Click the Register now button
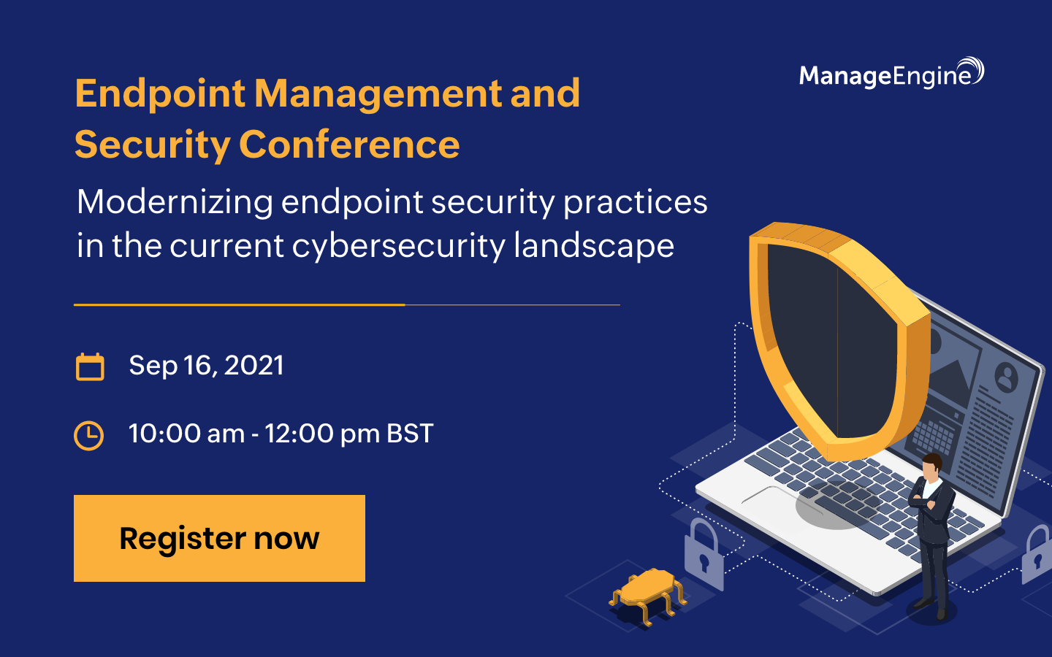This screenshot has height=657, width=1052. point(219,538)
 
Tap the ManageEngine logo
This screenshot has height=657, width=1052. point(891,74)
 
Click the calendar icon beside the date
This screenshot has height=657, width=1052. point(90,366)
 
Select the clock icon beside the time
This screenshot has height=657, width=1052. point(89,435)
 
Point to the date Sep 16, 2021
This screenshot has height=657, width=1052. point(206,365)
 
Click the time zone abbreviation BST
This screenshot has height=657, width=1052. point(410,434)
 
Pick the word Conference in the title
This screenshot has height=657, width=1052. point(349,145)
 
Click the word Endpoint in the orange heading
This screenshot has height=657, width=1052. point(160,93)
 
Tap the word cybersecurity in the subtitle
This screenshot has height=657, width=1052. point(398,245)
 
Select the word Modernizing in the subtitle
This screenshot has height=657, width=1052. point(175,201)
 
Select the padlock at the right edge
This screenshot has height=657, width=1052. point(1037,555)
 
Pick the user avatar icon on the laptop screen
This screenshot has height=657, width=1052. point(1007,377)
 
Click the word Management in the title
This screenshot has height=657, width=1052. point(378,93)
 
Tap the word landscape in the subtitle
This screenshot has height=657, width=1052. point(593,245)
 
